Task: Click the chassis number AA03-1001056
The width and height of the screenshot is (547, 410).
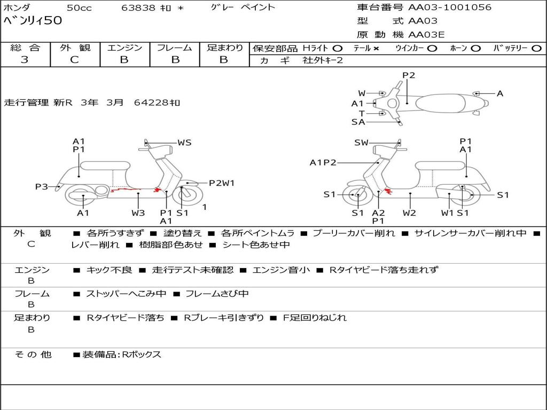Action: (x=449, y=7)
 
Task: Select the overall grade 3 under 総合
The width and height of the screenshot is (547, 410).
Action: (x=25, y=60)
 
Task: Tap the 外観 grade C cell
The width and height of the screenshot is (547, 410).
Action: (x=74, y=60)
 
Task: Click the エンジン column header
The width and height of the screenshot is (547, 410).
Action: (x=124, y=48)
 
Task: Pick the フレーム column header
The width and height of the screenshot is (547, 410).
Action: (x=174, y=48)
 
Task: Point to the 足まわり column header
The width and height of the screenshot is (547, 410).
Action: (x=224, y=48)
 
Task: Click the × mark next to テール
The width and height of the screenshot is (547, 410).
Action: (x=376, y=48)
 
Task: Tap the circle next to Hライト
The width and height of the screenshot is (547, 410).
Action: (x=338, y=48)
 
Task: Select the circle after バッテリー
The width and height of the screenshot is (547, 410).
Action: (x=536, y=48)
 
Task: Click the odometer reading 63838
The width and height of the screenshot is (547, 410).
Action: (x=138, y=7)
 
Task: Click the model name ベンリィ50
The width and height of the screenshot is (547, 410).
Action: (x=33, y=21)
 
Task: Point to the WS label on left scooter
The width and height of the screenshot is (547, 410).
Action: (x=184, y=143)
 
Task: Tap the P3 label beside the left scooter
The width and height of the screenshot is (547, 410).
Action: (x=42, y=186)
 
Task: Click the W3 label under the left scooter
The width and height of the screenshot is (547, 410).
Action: (x=138, y=213)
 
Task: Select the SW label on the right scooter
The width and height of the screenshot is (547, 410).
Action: (x=362, y=143)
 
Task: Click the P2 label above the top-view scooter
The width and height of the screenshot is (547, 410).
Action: (x=409, y=75)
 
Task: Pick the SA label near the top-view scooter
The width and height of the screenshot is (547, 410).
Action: (x=358, y=122)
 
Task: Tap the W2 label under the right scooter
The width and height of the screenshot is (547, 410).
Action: (x=410, y=213)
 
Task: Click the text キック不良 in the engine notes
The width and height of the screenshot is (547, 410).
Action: (x=109, y=270)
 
